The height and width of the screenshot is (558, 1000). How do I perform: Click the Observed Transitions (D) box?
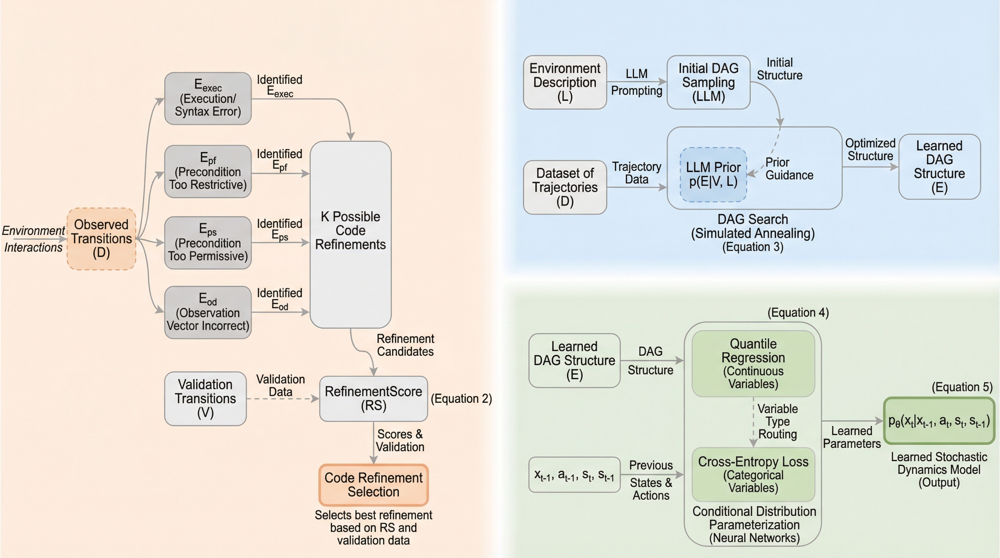(101, 239)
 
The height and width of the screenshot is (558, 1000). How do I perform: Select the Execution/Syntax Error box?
(208, 98)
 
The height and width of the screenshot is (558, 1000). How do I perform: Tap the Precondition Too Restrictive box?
(208, 171)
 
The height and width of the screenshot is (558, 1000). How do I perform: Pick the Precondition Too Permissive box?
(208, 243)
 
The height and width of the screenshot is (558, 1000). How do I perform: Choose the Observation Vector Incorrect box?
(208, 312)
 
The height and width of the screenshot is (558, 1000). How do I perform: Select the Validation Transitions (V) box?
(205, 399)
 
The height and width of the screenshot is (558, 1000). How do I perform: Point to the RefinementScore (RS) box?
(373, 399)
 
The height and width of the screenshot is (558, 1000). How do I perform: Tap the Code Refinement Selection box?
(373, 485)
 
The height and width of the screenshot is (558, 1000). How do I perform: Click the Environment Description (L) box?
(564, 82)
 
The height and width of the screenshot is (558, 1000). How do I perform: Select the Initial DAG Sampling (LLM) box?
(708, 82)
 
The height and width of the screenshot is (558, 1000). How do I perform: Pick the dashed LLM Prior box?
(713, 175)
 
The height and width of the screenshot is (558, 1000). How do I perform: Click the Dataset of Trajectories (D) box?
(564, 187)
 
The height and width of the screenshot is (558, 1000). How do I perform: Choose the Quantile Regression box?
(753, 364)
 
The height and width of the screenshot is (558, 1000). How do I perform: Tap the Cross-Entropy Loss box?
(753, 474)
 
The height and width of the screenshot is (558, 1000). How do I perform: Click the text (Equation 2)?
(461, 399)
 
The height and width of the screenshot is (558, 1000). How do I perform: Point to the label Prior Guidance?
(789, 169)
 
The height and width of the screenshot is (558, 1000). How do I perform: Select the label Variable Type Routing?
(777, 421)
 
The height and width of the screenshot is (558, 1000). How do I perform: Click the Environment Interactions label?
(33, 239)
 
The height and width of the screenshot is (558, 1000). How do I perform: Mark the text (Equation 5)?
(962, 387)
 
